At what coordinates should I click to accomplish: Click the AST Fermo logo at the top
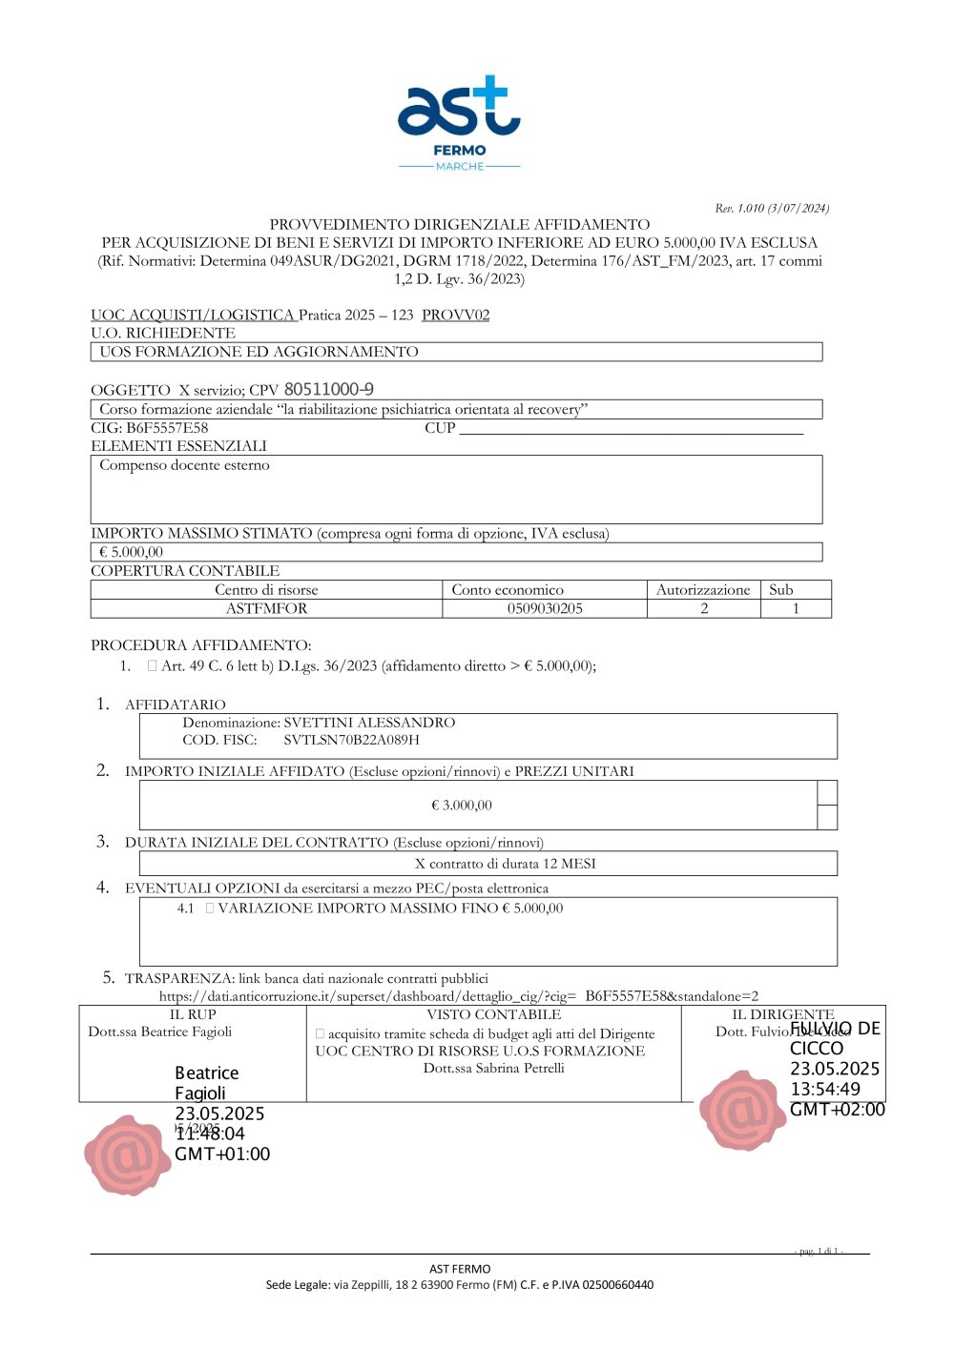coord(459,122)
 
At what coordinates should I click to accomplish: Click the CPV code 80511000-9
coord(328,389)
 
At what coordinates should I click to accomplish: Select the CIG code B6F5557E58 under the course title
coord(167,428)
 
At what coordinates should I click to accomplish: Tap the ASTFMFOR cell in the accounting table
coord(266,608)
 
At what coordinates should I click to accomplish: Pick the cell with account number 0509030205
coord(545,608)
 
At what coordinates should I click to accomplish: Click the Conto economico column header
coord(508,590)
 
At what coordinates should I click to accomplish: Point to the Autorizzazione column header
coord(703,590)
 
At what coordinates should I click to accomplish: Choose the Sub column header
coord(781,590)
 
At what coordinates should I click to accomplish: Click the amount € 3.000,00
coord(462,806)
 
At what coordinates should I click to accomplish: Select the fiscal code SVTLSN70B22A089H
coord(351,740)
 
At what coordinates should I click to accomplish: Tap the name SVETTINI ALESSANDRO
coord(369,723)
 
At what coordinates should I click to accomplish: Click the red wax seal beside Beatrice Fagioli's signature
coord(127,1154)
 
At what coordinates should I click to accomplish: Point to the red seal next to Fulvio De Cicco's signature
coord(742,1110)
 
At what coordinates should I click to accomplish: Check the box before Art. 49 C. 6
coord(152,666)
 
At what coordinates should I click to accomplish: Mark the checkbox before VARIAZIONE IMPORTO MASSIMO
coord(210,909)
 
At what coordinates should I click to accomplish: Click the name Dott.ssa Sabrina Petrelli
coord(494,1069)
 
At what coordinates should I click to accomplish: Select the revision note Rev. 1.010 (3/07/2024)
coord(772,208)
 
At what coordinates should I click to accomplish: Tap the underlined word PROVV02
coord(455,315)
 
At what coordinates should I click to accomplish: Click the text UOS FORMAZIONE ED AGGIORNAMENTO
coord(259,352)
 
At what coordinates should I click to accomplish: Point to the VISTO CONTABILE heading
coord(493,1014)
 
